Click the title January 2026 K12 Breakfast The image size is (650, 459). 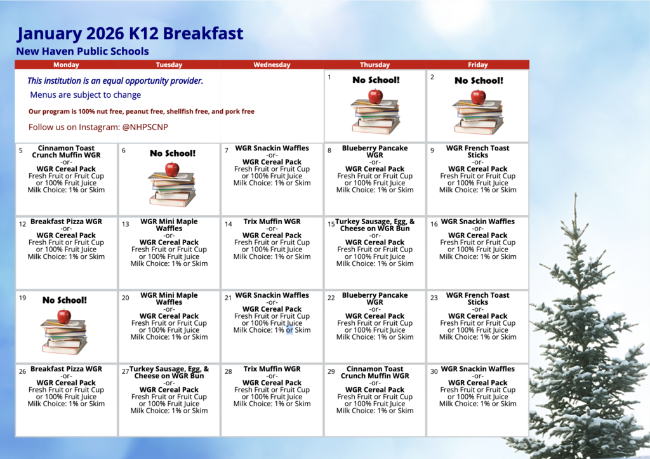130,34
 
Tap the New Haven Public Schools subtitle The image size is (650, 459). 83,51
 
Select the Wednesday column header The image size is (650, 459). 272,65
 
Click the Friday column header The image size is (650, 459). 477,65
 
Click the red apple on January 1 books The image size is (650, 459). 375,96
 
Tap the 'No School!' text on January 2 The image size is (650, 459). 479,81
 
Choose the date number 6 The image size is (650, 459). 124,151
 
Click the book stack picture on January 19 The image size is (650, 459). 64,334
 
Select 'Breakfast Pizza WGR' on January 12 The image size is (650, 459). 66,222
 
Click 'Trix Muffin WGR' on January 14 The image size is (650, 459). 272,222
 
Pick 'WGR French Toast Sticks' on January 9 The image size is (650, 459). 477,151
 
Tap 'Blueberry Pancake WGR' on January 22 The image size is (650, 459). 375,298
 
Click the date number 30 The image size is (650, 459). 434,371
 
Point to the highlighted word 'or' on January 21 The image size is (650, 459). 289,330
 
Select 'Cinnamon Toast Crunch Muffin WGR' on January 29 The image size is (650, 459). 375,372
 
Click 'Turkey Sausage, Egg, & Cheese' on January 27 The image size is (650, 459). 169,372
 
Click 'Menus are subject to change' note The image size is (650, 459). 86,95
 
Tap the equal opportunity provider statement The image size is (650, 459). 115,81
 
